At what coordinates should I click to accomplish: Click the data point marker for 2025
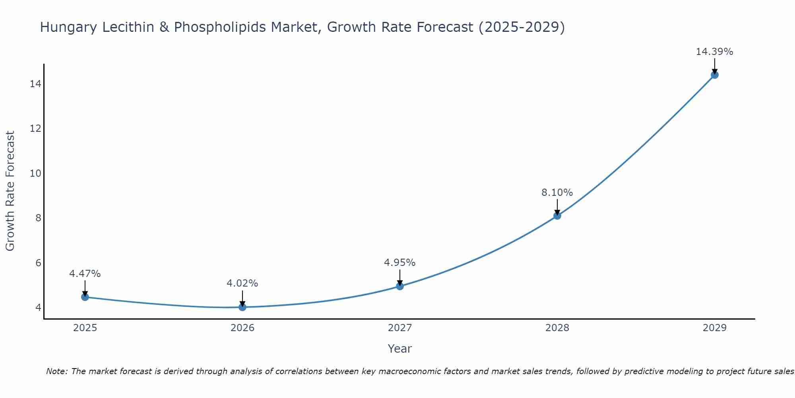point(85,297)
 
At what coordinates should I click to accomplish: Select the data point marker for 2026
point(242,307)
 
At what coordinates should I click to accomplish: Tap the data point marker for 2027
point(400,286)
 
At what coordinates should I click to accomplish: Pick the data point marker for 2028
point(557,216)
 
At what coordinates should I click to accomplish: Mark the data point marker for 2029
point(714,75)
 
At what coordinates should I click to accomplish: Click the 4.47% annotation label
point(85,274)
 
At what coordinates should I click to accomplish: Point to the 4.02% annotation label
point(242,283)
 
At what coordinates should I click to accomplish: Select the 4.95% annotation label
point(400,263)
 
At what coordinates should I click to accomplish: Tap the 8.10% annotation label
point(557,193)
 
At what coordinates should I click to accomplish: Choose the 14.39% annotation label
point(714,52)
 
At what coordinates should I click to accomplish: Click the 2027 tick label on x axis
point(400,328)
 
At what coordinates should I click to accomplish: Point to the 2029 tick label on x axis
point(714,328)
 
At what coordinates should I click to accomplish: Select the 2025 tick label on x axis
point(85,328)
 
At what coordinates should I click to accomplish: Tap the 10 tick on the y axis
point(35,174)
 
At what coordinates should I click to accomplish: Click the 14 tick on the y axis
point(35,84)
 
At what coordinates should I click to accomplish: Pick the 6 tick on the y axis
point(38,263)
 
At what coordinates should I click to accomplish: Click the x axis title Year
point(400,349)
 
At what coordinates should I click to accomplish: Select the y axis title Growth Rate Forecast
point(10,191)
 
